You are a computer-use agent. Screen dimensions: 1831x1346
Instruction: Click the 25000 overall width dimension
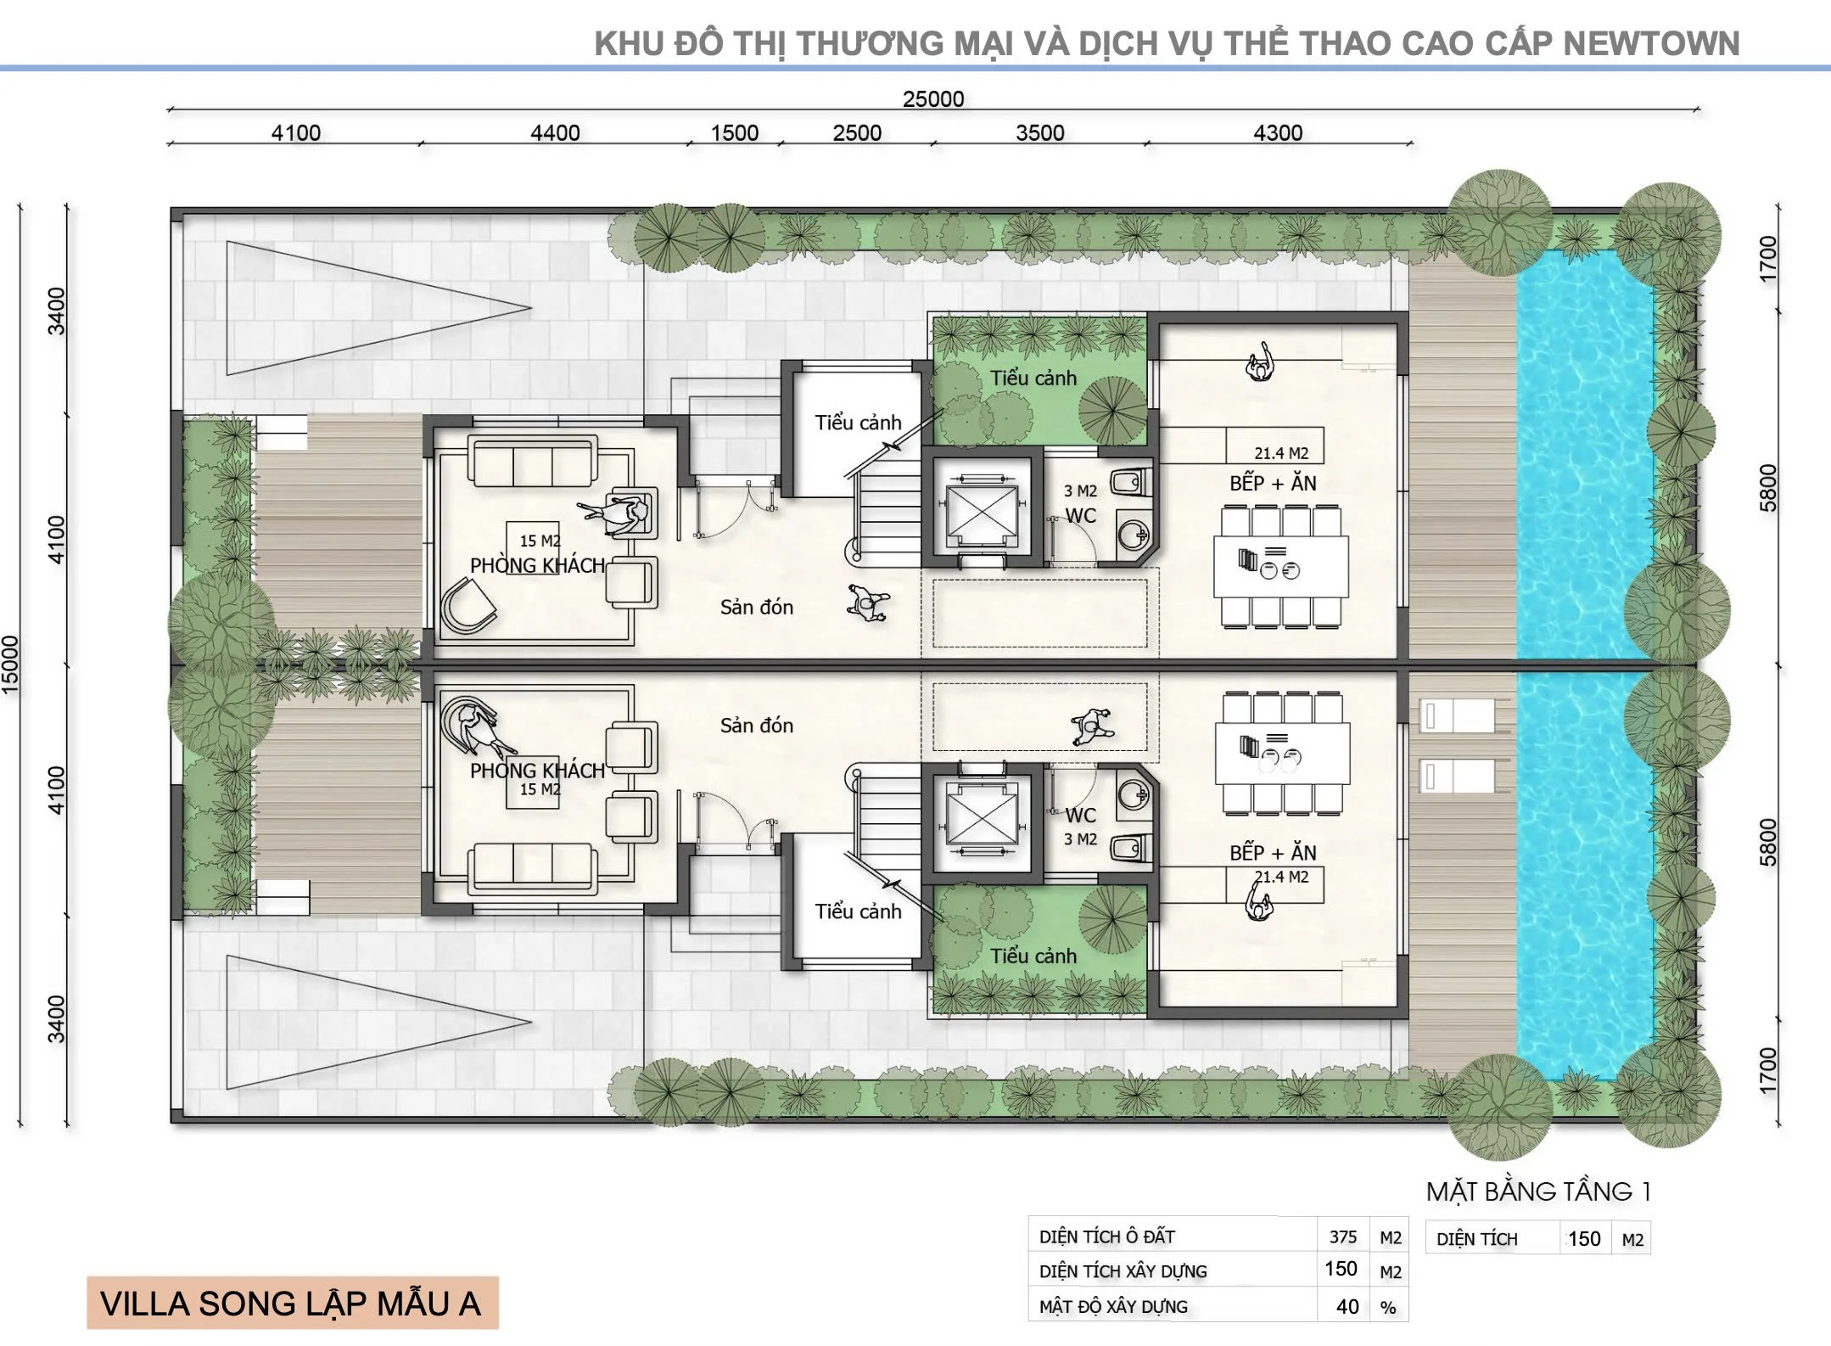tap(932, 99)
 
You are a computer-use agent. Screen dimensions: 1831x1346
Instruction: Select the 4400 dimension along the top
tap(555, 133)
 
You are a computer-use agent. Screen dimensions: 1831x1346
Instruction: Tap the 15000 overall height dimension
tap(11, 665)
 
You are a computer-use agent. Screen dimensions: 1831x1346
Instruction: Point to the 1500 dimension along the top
tap(734, 133)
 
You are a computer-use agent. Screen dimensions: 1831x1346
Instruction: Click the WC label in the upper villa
tap(1081, 515)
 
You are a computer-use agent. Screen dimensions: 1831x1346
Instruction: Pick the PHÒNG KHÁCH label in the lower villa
tap(537, 771)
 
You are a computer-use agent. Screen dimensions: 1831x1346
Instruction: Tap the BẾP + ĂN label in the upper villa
tap(1273, 483)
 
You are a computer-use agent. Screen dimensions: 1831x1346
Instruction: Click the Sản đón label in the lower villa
tap(757, 726)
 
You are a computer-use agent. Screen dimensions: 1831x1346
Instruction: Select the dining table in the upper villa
tap(1281, 566)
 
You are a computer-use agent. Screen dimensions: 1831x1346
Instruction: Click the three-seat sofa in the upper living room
tap(535, 463)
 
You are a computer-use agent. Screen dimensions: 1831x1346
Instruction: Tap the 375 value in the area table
tap(1342, 1237)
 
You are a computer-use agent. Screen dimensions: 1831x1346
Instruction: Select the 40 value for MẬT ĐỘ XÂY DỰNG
tap(1347, 1307)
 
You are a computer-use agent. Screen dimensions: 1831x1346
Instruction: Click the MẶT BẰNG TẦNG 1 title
tap(1538, 1192)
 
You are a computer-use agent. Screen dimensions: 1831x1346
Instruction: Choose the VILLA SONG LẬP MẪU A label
tap(291, 1304)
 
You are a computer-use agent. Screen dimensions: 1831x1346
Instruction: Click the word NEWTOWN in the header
tap(1651, 43)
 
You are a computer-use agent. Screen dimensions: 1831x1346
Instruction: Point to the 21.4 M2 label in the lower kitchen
tap(1281, 877)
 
